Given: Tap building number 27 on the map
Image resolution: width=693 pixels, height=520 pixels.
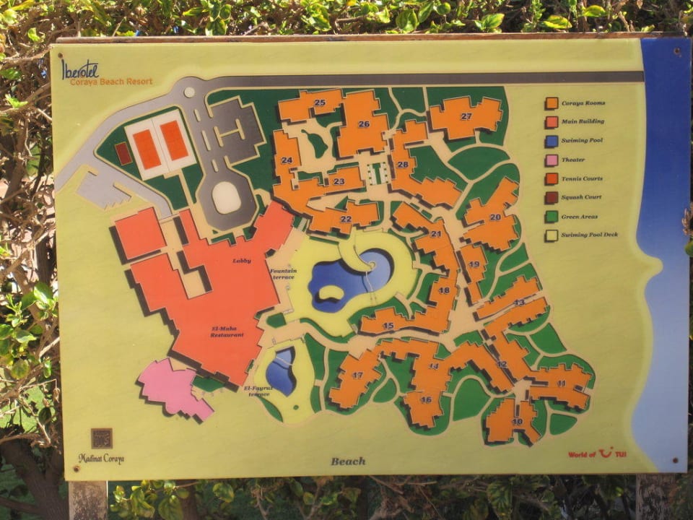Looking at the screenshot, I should [x=466, y=116].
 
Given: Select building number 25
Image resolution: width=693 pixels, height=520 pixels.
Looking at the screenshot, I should [x=319, y=103].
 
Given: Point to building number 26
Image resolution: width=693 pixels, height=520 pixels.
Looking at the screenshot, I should [x=363, y=124].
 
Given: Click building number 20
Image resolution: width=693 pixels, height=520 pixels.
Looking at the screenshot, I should [x=494, y=217].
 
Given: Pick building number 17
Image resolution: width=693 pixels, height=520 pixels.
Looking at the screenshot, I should [x=357, y=376].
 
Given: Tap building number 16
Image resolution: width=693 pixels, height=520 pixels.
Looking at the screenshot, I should [x=426, y=399].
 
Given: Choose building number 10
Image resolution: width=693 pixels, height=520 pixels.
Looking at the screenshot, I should [x=517, y=421].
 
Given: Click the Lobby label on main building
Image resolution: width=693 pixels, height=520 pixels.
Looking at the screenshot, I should [x=242, y=260].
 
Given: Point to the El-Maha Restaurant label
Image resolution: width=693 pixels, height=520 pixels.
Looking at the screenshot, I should [x=227, y=331].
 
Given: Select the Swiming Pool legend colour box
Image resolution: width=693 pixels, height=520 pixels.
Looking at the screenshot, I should [x=552, y=141].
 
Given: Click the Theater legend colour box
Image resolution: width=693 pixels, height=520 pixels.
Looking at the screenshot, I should [x=552, y=160].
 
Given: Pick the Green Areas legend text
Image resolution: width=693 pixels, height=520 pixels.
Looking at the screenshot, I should [x=580, y=217].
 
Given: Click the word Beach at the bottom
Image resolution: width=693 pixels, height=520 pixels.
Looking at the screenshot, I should [x=348, y=461].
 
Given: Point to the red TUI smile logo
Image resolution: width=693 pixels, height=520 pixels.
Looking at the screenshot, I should [x=606, y=453].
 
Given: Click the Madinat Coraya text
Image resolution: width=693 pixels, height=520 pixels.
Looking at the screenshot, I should [x=101, y=459].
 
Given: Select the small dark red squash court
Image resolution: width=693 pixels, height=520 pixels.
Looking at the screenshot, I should [x=123, y=153].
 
